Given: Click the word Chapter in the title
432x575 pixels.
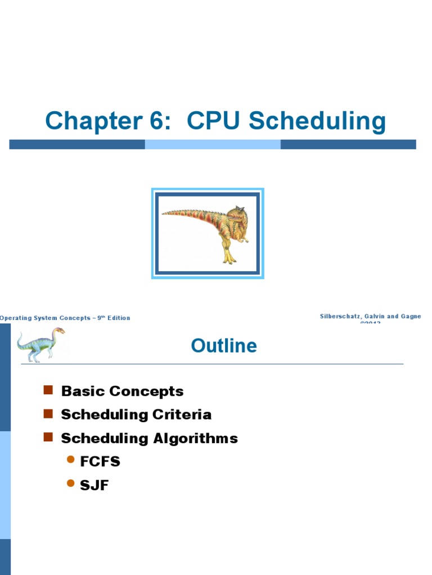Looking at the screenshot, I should coord(92,121).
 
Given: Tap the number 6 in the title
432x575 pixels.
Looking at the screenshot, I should coord(159,121).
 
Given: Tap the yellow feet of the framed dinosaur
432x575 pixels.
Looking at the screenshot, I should coord(229,259).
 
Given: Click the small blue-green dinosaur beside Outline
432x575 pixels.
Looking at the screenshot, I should coord(40,344).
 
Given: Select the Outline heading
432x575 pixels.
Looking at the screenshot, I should coord(224,345).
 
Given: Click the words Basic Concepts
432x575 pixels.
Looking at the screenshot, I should coord(122,391).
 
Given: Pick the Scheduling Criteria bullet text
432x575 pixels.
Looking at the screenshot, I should coord(136,414).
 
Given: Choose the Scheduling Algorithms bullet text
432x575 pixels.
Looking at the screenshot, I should coord(149,438).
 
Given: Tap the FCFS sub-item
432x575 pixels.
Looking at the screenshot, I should coord(100,462).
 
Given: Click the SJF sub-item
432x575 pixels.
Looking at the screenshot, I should coord(94,485).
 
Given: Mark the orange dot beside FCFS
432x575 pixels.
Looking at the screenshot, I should coord(70,460).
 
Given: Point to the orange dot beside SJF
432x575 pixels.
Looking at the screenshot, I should coord(70,483).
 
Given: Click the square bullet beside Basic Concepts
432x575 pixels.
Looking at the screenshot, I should coord(48,390).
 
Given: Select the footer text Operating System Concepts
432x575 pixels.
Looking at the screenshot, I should coord(46,318).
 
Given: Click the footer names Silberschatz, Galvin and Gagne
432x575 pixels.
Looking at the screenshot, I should coord(370,317).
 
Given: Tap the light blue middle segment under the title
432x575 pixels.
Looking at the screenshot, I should coord(213,144).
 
